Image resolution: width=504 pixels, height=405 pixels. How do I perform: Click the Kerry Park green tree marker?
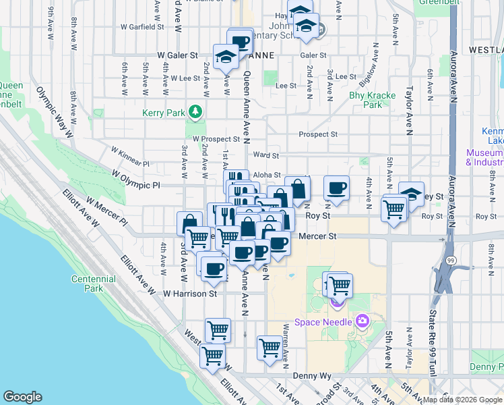click(x=196, y=111)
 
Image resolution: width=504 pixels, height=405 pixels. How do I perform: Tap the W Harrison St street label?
click(x=191, y=294)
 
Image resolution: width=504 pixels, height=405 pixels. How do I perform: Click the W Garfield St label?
click(x=142, y=28)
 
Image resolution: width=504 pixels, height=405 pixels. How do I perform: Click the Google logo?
click(x=22, y=397)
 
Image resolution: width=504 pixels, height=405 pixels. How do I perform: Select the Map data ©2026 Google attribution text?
click(x=462, y=400)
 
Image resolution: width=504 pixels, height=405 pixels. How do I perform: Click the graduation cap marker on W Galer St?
click(x=226, y=56)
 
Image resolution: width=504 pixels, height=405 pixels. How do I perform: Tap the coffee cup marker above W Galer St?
click(x=240, y=40)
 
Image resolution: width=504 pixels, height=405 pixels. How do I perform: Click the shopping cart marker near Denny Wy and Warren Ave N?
click(x=270, y=348)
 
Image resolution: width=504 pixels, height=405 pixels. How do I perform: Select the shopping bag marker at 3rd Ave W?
click(x=189, y=223)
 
